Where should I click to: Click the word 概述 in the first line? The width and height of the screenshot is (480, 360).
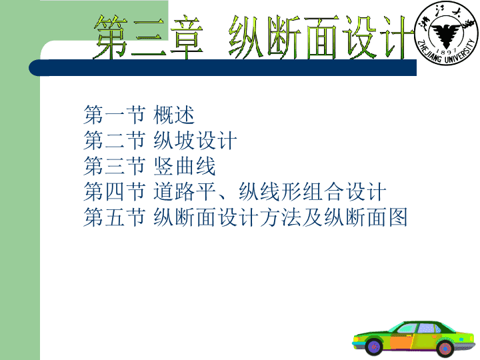pos(174,115)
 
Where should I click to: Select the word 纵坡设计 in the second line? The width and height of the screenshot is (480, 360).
pos(195,141)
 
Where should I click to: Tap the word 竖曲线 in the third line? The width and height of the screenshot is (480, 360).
pos(185,166)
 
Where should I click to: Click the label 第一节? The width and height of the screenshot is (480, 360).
pos(114,115)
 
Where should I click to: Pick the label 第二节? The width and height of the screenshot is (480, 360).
pos(114,141)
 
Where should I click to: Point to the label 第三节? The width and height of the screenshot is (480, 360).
pos(114,166)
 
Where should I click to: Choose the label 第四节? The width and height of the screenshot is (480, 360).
pos(114,191)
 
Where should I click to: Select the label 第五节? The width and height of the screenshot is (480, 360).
pos(114,217)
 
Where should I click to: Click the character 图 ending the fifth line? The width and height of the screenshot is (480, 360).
pos(397,217)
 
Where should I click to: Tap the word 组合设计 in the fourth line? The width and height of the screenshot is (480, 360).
pos(344,191)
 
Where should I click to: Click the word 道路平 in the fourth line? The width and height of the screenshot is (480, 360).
pos(185,191)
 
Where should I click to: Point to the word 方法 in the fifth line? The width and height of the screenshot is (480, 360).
pos(281,217)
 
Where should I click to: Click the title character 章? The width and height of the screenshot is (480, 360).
pos(187,37)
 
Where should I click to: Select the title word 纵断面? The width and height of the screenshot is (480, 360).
pos(284,37)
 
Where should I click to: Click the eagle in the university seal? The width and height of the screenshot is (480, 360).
pos(445,34)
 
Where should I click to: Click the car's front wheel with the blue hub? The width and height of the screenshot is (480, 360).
pos(374,347)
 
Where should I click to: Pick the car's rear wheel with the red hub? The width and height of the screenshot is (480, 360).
pos(445,349)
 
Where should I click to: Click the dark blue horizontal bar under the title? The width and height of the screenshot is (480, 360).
pos(223,67)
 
